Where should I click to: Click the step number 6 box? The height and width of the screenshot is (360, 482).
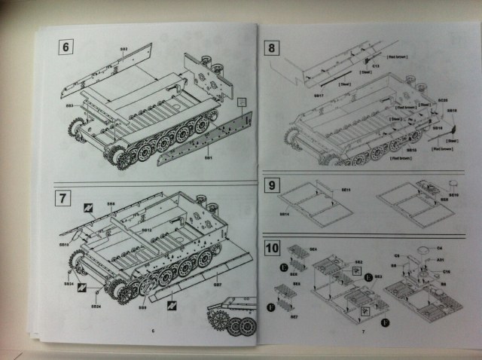(66, 47)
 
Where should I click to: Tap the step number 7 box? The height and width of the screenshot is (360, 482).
(65, 200)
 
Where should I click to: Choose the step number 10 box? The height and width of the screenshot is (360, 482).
(273, 249)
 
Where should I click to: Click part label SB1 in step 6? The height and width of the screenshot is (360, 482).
(209, 158)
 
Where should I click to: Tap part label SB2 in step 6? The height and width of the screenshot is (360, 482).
(124, 50)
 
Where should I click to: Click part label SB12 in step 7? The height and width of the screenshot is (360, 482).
(148, 229)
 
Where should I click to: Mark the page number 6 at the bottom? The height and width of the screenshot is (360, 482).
(152, 330)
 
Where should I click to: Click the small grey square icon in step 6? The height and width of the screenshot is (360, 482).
(241, 101)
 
